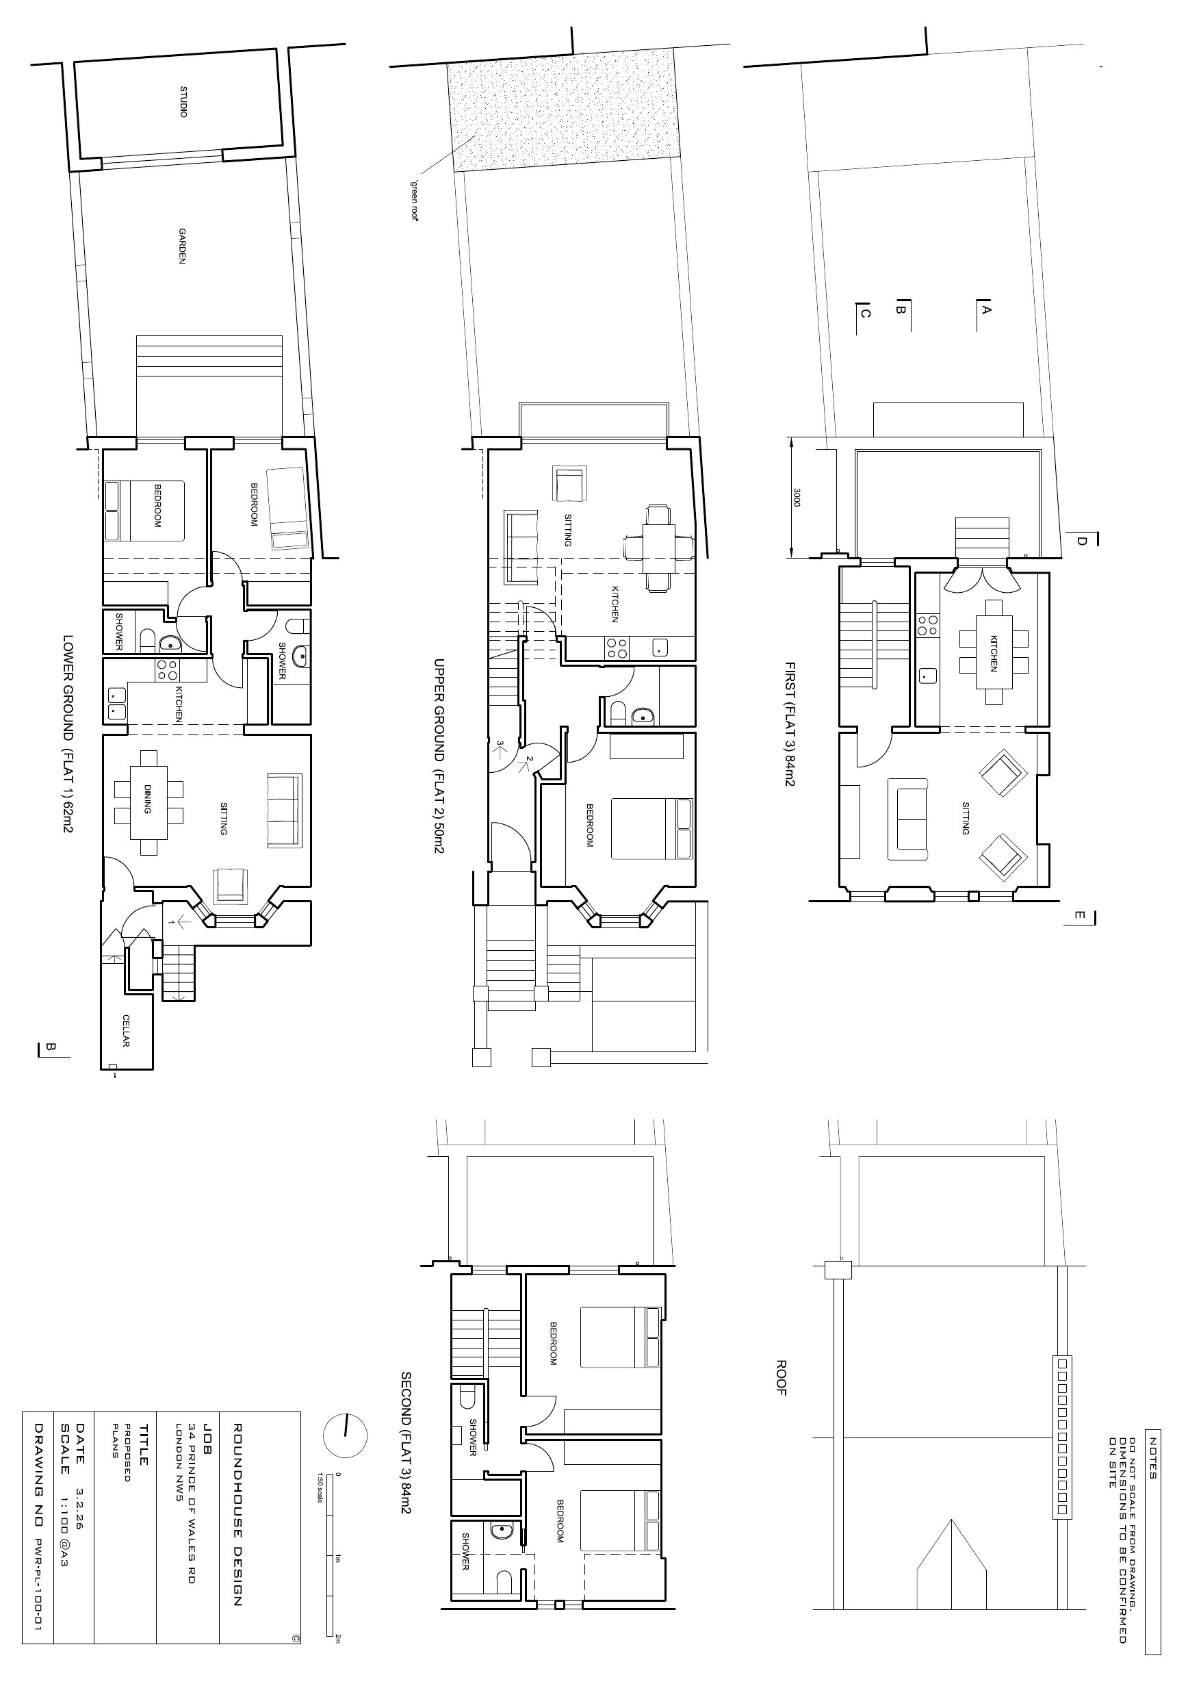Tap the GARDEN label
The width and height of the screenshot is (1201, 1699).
coord(181,246)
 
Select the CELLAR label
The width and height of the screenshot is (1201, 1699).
coord(126,1030)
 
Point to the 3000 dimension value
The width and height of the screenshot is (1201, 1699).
coord(797,497)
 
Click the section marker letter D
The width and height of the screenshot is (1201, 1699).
coord(1081,541)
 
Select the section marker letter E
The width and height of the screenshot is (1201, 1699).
coord(1080,916)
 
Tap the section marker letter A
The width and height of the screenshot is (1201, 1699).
coord(985,310)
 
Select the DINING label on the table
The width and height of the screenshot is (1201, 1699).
coord(146,799)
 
